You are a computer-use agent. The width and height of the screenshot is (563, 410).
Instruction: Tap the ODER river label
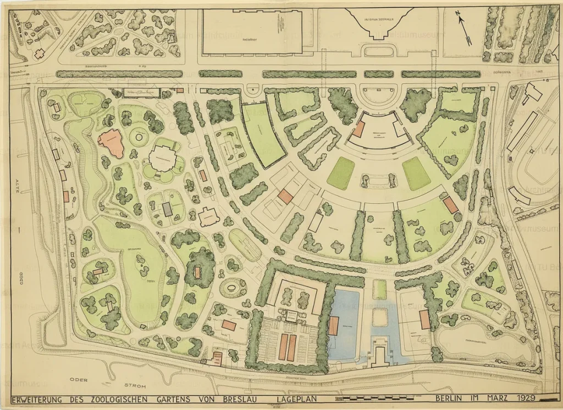(78, 380)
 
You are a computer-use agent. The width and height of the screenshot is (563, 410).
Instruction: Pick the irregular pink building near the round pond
(111, 143)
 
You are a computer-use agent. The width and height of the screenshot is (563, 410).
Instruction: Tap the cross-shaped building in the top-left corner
(40, 53)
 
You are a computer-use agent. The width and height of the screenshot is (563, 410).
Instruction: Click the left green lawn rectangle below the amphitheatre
(341, 173)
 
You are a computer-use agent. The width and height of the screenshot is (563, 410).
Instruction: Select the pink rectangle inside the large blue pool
(334, 325)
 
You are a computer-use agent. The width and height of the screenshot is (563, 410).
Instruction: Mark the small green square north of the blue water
(379, 289)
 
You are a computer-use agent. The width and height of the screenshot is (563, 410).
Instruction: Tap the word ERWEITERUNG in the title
(40, 399)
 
